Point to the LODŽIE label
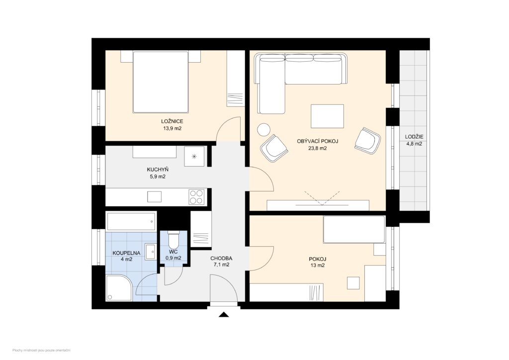click(413, 136)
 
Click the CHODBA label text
click(221, 258)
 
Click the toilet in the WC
click(173, 241)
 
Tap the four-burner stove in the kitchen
click(196, 197)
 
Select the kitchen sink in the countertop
click(155, 197)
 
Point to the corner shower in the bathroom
click(118, 289)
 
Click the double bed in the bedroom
click(160, 82)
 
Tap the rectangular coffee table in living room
click(327, 116)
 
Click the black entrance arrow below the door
click(224, 314)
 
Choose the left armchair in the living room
click(274, 148)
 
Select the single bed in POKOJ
click(353, 229)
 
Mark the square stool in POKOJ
click(353, 283)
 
